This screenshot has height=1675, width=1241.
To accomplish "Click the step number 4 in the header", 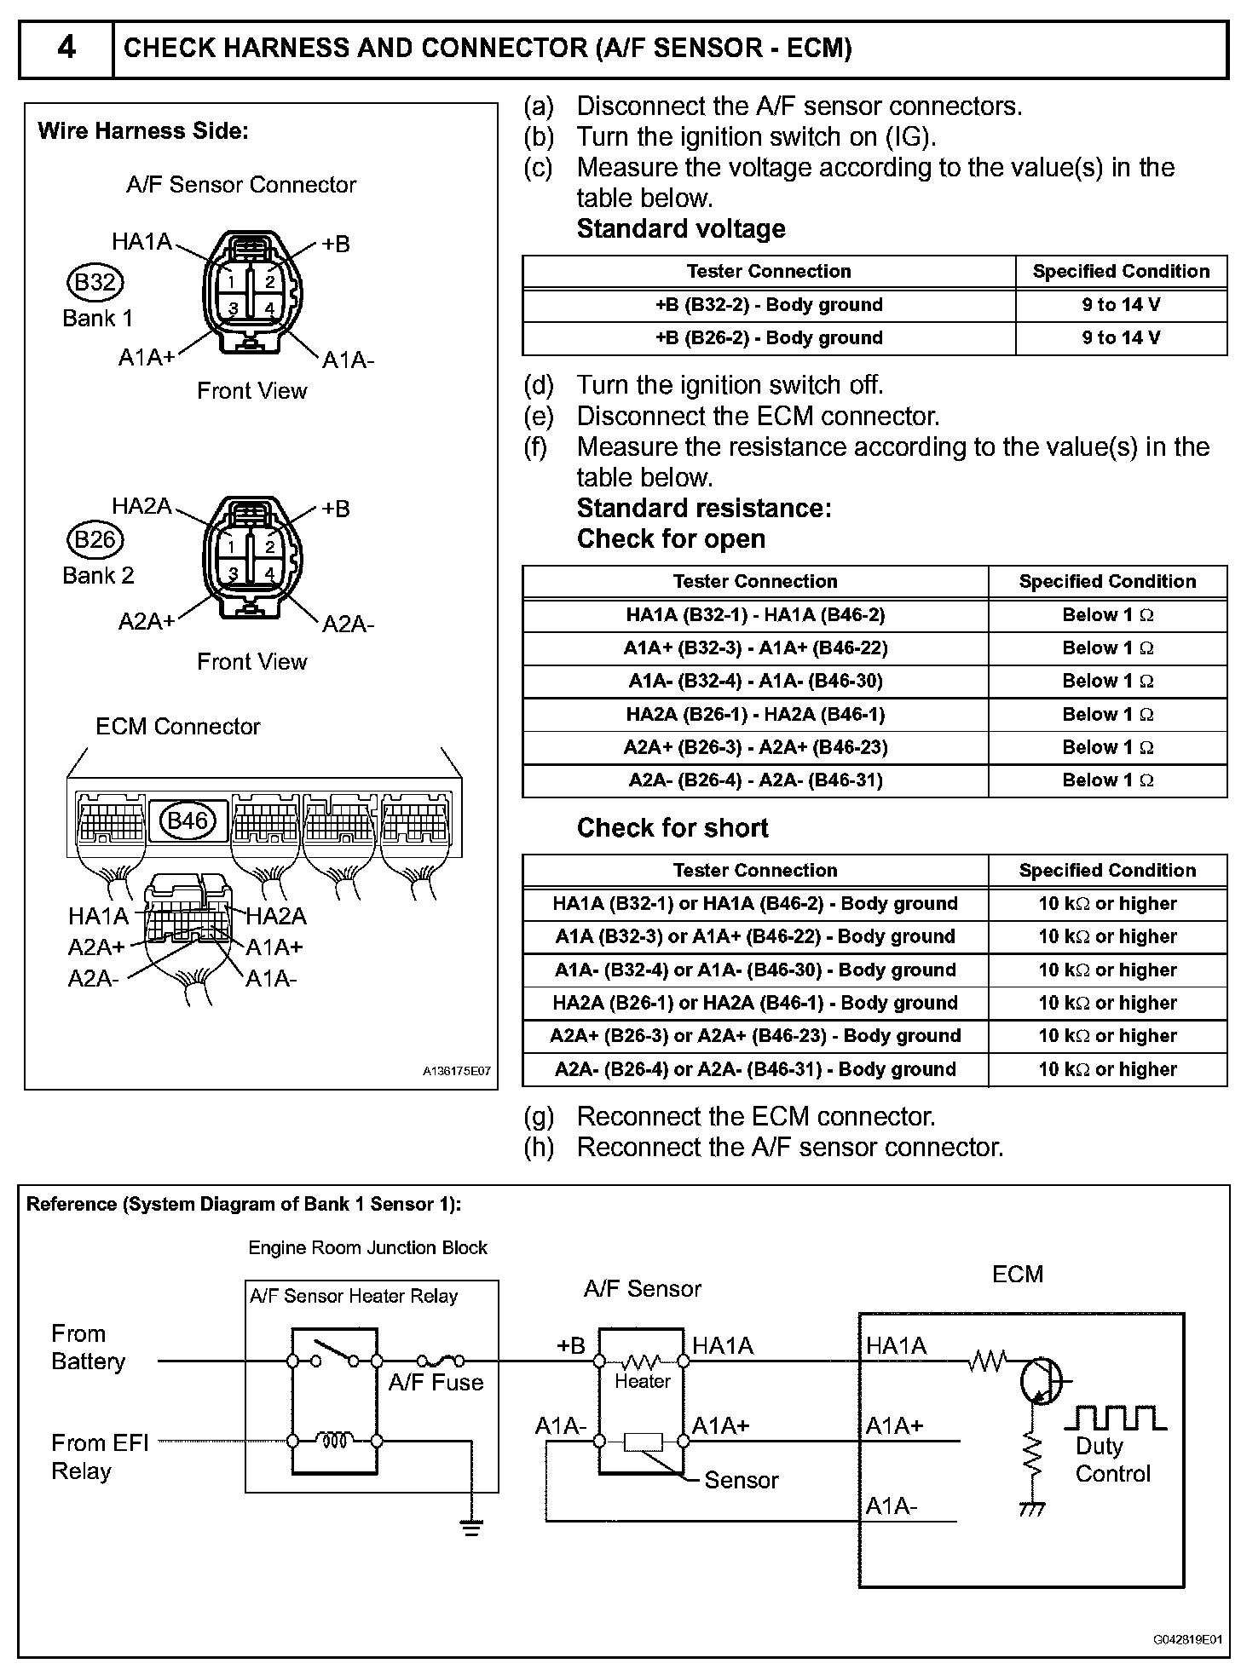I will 66,48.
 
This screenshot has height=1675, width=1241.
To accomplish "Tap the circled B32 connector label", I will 95,282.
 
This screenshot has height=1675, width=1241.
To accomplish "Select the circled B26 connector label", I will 95,539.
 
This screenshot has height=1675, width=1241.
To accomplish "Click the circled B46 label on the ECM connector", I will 188,820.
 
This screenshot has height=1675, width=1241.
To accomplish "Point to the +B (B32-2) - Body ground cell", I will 768,305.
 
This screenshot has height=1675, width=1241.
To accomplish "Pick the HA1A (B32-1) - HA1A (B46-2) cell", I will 755,615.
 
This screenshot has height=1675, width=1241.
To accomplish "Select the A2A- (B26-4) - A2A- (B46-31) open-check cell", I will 755,780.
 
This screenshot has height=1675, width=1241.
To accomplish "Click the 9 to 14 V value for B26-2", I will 1121,338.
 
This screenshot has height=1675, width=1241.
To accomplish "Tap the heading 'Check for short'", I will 672,828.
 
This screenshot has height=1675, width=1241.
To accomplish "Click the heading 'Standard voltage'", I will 681,229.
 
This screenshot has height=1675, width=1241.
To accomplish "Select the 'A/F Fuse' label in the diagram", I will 436,1383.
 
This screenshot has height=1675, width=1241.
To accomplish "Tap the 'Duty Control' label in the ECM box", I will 1112,1459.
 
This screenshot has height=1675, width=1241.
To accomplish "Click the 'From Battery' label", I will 88,1347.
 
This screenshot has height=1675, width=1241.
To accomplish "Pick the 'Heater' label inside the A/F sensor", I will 642,1381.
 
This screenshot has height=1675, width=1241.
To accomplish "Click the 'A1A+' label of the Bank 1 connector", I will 146,358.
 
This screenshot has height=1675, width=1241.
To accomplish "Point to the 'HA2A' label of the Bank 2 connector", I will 141,507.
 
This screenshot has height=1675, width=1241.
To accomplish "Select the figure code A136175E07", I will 457,1072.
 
